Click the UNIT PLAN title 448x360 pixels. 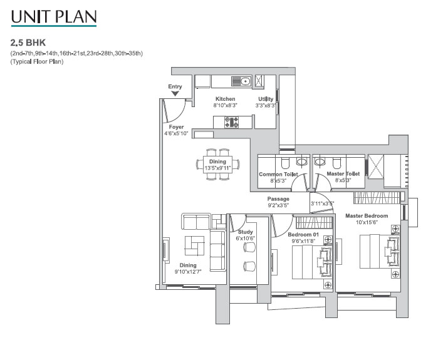click(x=54, y=17)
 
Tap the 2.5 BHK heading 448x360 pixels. click(x=28, y=43)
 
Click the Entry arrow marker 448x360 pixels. click(x=175, y=93)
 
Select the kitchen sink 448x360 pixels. click(x=241, y=81)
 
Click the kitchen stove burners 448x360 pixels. click(x=231, y=122)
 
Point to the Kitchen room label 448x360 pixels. click(x=225, y=99)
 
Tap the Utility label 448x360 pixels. click(x=266, y=99)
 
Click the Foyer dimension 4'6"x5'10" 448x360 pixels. click(x=176, y=133)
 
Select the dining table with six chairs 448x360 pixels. click(x=217, y=165)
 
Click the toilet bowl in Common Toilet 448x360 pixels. click(x=285, y=163)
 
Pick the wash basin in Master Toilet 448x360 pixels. click(x=320, y=162)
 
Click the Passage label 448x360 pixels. click(x=278, y=198)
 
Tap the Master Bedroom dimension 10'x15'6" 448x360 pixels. click(x=367, y=222)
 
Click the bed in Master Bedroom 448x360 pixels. click(x=380, y=251)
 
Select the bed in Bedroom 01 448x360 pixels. click(x=312, y=262)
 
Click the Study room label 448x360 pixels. click(x=246, y=232)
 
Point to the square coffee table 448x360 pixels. click(x=195, y=245)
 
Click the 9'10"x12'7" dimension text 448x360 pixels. click(x=188, y=272)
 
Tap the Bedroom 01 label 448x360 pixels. click(x=303, y=235)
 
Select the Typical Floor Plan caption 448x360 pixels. click(x=37, y=61)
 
